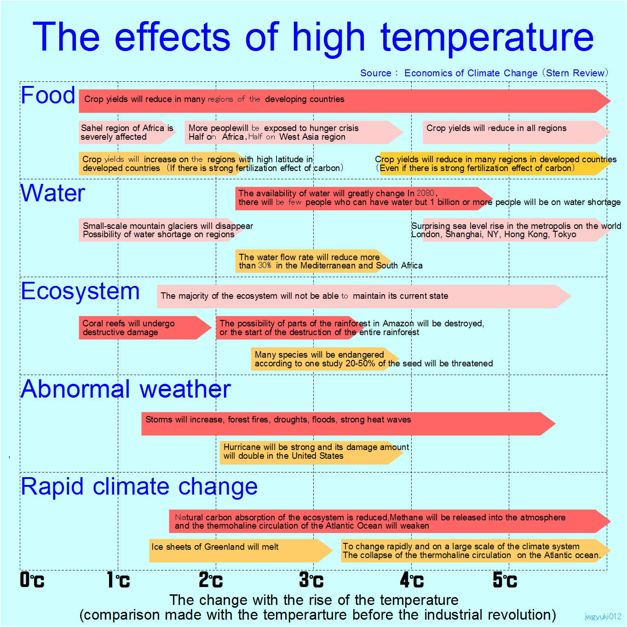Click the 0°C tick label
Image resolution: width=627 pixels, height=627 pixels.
click(x=32, y=580)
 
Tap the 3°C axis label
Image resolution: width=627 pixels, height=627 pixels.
click(x=311, y=580)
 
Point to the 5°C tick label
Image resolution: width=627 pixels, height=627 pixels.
click(x=505, y=580)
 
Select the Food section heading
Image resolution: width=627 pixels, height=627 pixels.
click(x=48, y=95)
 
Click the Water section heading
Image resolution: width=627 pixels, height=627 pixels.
click(x=53, y=193)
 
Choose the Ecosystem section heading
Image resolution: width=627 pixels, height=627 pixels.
click(x=81, y=291)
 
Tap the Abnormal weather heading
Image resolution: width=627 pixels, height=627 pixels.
click(x=126, y=389)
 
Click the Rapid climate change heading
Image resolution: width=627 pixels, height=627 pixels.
click(x=139, y=487)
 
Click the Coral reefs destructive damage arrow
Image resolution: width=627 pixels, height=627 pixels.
click(x=143, y=328)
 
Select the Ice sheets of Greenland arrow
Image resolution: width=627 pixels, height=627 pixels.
click(x=239, y=551)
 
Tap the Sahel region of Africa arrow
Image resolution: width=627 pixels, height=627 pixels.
click(x=127, y=132)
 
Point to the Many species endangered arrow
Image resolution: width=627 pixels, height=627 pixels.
click(x=322, y=359)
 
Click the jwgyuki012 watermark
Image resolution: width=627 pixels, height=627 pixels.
click(x=603, y=617)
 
